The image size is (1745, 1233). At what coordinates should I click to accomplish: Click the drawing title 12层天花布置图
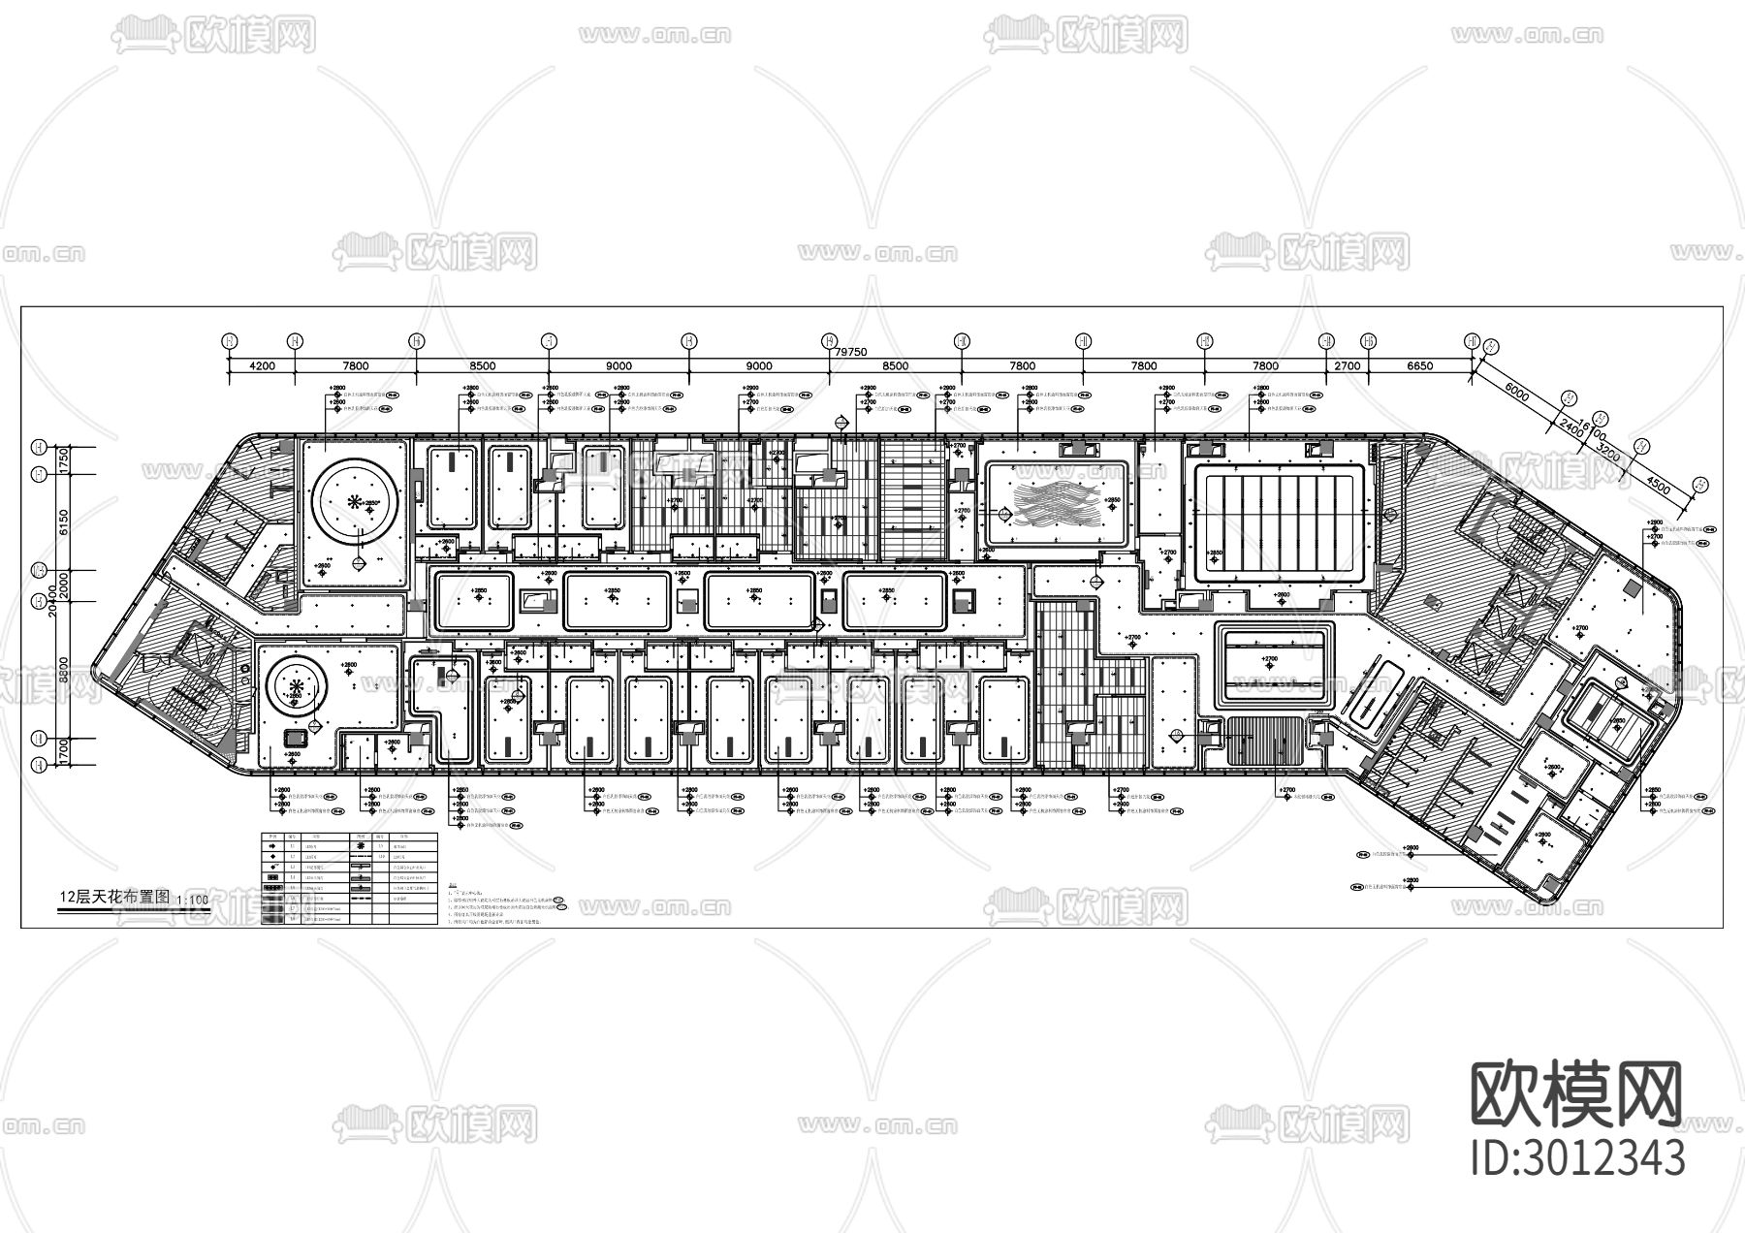tap(114, 898)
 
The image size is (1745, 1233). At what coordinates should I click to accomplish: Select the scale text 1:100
tap(193, 901)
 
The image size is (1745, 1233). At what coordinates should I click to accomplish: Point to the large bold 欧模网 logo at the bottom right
tap(1577, 1092)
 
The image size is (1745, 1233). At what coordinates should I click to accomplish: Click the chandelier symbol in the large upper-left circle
tap(355, 501)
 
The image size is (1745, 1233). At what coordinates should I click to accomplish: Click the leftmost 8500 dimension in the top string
tap(482, 366)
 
